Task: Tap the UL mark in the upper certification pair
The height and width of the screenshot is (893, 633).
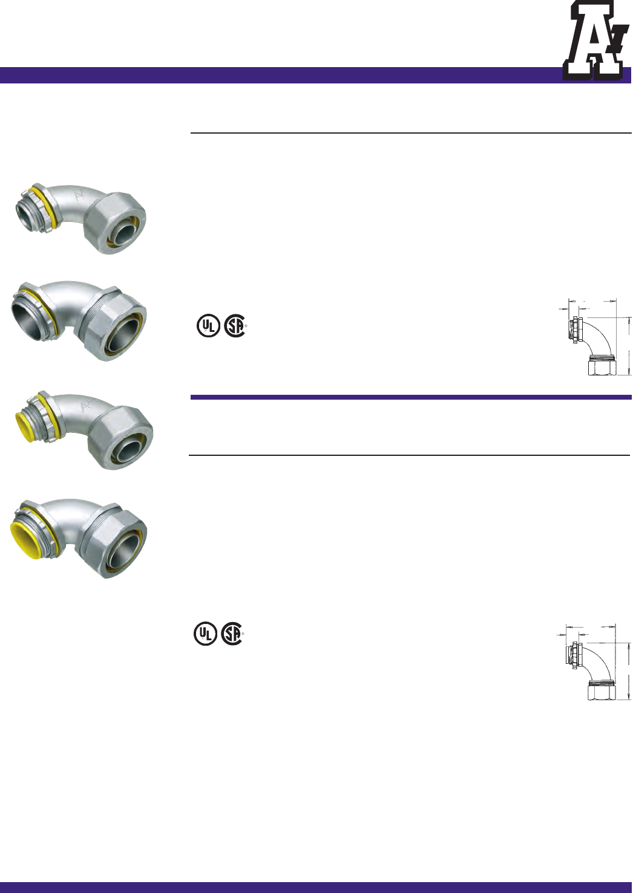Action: point(208,326)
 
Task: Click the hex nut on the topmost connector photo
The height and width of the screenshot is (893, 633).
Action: point(119,222)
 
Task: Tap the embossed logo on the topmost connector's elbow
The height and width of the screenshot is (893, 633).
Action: point(79,195)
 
